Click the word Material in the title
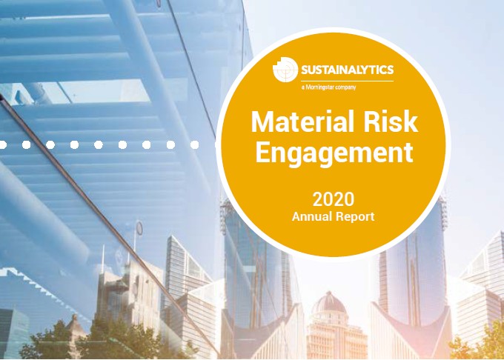298,121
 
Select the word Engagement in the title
334,154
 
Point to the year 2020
334,199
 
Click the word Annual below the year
311,216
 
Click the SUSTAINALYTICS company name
347,70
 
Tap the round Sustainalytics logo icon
285,70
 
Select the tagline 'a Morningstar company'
328,87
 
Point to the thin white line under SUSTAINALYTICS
347,81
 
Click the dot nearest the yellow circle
194,145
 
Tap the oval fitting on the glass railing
139,228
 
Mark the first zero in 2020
328,199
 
